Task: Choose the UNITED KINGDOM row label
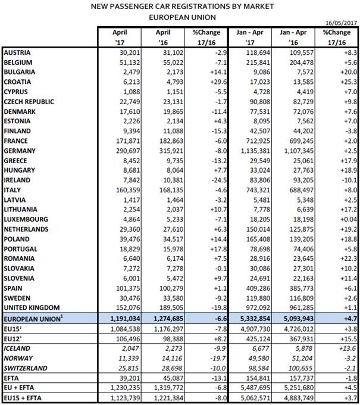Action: pyautogui.click(x=33, y=308)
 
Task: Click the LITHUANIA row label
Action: pyautogui.click(x=21, y=209)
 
